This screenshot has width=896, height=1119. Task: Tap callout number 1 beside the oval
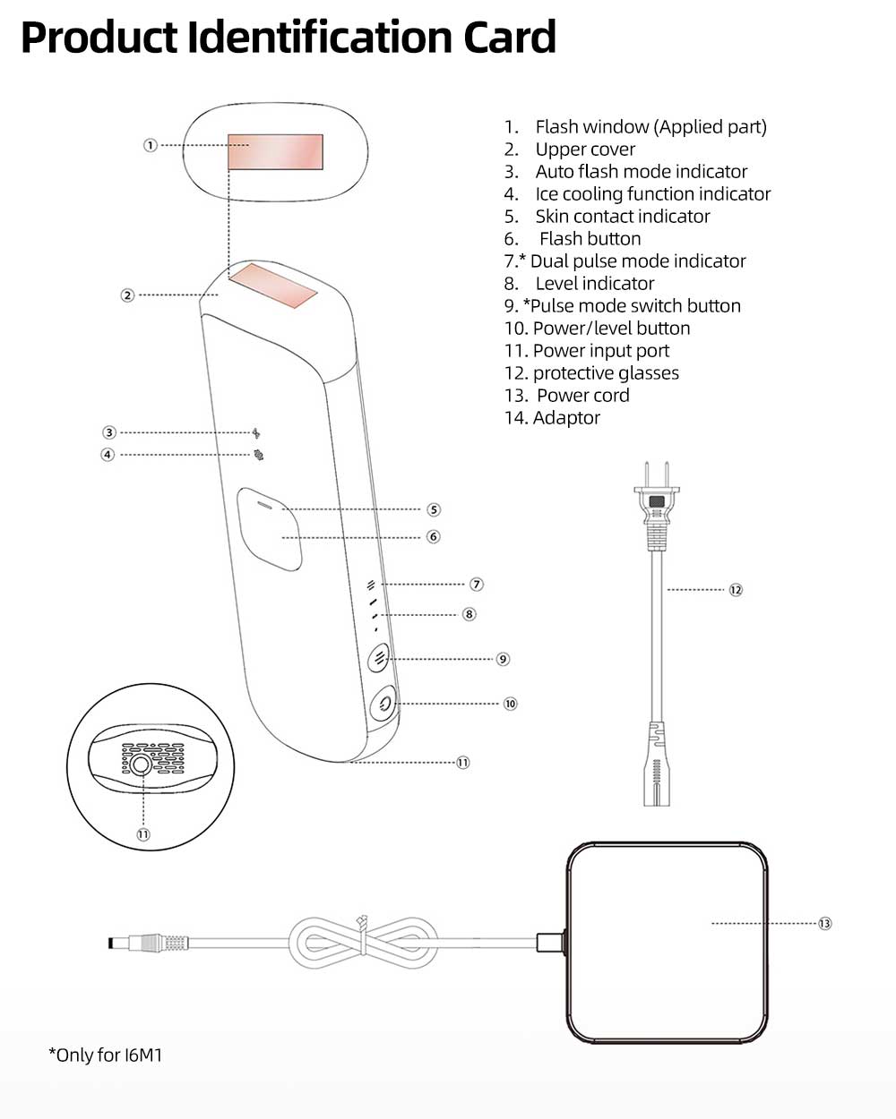point(151,145)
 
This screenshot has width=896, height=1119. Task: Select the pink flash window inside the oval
point(275,151)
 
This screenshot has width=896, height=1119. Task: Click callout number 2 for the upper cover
point(128,295)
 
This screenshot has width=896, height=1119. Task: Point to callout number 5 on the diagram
point(434,509)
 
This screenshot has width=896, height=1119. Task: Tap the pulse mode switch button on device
point(379,659)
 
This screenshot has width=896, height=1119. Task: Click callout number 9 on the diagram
point(503,659)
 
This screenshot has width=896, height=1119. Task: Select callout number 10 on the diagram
point(510,704)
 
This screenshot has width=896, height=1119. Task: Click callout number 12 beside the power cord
point(736,590)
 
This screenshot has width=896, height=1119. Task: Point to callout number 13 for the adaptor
point(824,923)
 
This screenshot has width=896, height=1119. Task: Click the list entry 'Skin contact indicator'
point(622,217)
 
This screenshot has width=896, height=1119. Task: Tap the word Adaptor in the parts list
point(566,418)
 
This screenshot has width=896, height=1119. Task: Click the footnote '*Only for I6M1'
point(105,1055)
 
